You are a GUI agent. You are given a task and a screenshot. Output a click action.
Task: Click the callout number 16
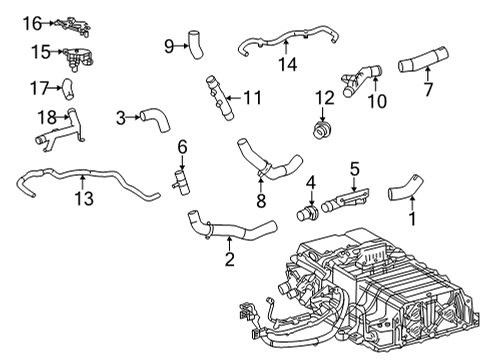33,22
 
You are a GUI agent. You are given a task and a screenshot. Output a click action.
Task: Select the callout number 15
39,51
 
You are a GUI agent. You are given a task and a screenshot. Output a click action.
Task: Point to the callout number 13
84,199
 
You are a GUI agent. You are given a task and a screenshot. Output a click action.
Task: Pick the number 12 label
322,97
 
